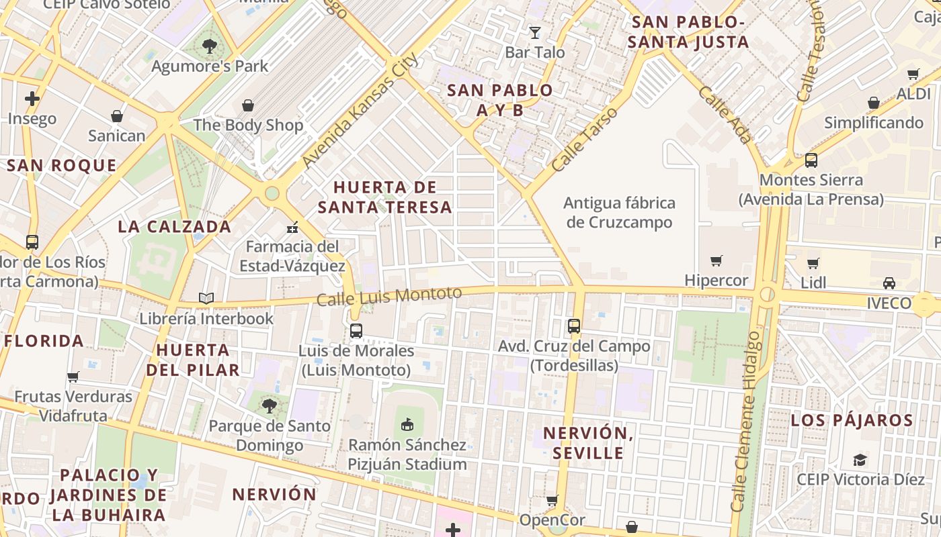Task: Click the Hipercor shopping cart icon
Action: click(717, 260)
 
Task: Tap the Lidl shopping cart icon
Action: click(813, 263)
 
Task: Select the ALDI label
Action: click(913, 94)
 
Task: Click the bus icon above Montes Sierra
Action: click(811, 160)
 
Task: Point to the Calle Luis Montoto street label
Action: click(389, 296)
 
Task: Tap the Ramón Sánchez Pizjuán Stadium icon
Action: click(407, 424)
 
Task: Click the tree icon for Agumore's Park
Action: click(210, 46)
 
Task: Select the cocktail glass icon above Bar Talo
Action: click(534, 32)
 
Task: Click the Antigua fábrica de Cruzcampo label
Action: click(619, 212)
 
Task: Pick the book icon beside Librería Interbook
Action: click(206, 298)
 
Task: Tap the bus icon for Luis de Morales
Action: click(356, 330)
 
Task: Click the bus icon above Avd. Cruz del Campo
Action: click(573, 326)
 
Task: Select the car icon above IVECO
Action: click(889, 283)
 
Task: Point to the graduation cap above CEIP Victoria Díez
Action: click(860, 460)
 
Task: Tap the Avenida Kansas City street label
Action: click(360, 110)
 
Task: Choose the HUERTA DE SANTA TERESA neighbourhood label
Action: click(385, 197)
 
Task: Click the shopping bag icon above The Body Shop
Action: click(248, 105)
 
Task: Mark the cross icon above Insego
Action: click(32, 99)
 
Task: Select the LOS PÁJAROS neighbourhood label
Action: click(852, 420)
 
